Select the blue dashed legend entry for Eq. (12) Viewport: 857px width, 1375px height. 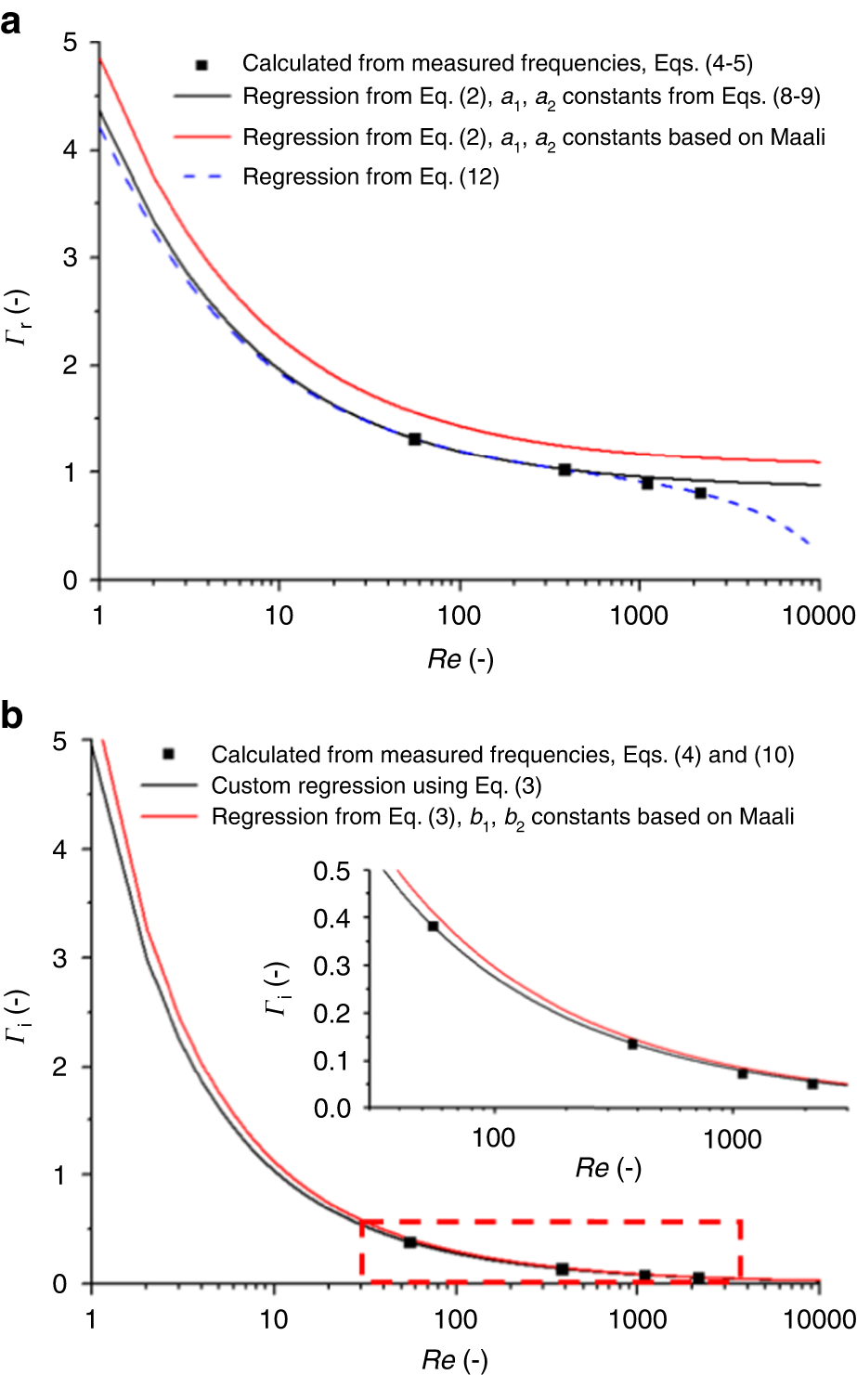pyautogui.click(x=370, y=177)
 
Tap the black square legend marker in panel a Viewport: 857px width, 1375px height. pyautogui.click(x=202, y=64)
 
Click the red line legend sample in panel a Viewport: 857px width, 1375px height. pyautogui.click(x=202, y=137)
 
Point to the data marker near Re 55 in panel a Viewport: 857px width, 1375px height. pyautogui.click(x=414, y=439)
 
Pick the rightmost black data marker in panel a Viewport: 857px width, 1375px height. pyautogui.click(x=700, y=493)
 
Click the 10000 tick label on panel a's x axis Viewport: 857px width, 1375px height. pyautogui.click(x=816, y=616)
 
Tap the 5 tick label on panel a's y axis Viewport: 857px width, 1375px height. pyautogui.click(x=70, y=43)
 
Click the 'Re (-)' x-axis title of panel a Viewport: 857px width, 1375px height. pyautogui.click(x=460, y=659)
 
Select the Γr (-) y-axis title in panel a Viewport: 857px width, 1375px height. pyautogui.click(x=17, y=312)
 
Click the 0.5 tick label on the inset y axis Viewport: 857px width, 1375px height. pyautogui.click(x=332, y=871)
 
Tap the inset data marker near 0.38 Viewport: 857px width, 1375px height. pyautogui.click(x=433, y=926)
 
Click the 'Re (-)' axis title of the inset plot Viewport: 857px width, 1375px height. pyautogui.click(x=608, y=1168)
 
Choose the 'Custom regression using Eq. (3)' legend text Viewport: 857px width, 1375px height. pyautogui.click(x=376, y=786)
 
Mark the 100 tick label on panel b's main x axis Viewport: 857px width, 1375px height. pyautogui.click(x=455, y=1318)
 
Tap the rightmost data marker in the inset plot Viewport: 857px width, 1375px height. pyautogui.click(x=812, y=1083)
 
